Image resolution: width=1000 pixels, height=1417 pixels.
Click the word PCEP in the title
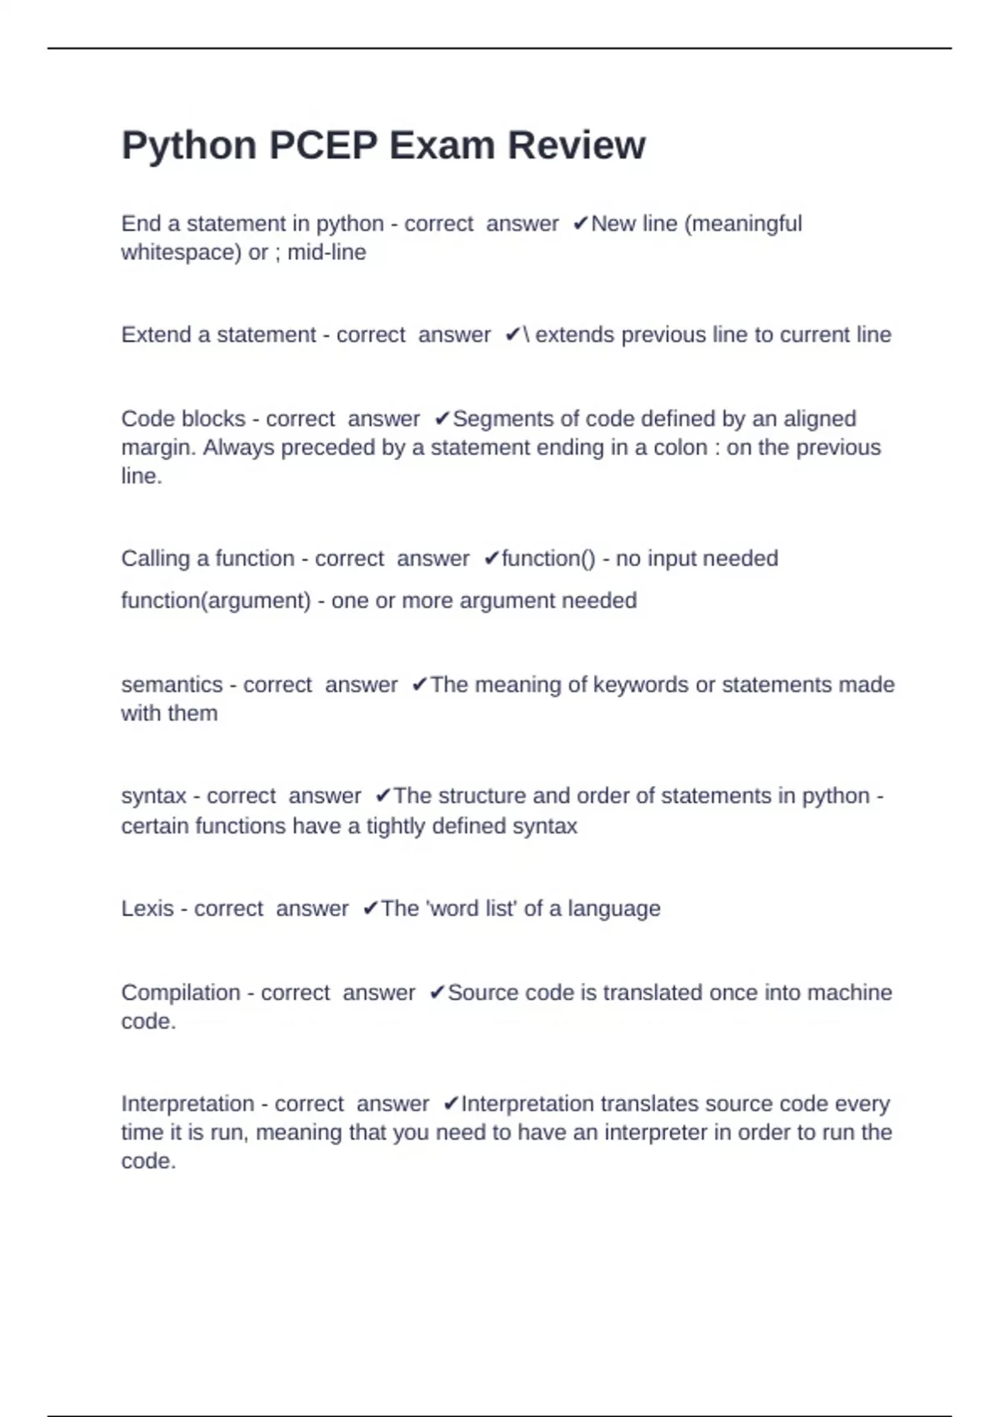(x=322, y=146)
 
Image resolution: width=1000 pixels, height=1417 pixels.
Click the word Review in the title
(x=577, y=146)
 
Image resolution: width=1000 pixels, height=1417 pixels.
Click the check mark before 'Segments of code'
(x=442, y=419)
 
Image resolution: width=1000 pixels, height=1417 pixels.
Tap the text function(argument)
(x=216, y=601)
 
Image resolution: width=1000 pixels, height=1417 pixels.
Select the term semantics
(x=172, y=685)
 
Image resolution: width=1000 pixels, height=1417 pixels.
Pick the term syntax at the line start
(x=153, y=796)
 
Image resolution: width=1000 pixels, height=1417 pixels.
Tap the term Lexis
(x=147, y=909)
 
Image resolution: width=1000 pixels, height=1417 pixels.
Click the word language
(x=614, y=909)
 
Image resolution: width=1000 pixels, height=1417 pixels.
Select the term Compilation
(x=181, y=993)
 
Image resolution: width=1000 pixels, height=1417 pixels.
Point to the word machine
(x=849, y=993)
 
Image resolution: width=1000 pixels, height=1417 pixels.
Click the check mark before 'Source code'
(x=437, y=994)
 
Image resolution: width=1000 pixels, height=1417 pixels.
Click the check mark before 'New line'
(x=581, y=224)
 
